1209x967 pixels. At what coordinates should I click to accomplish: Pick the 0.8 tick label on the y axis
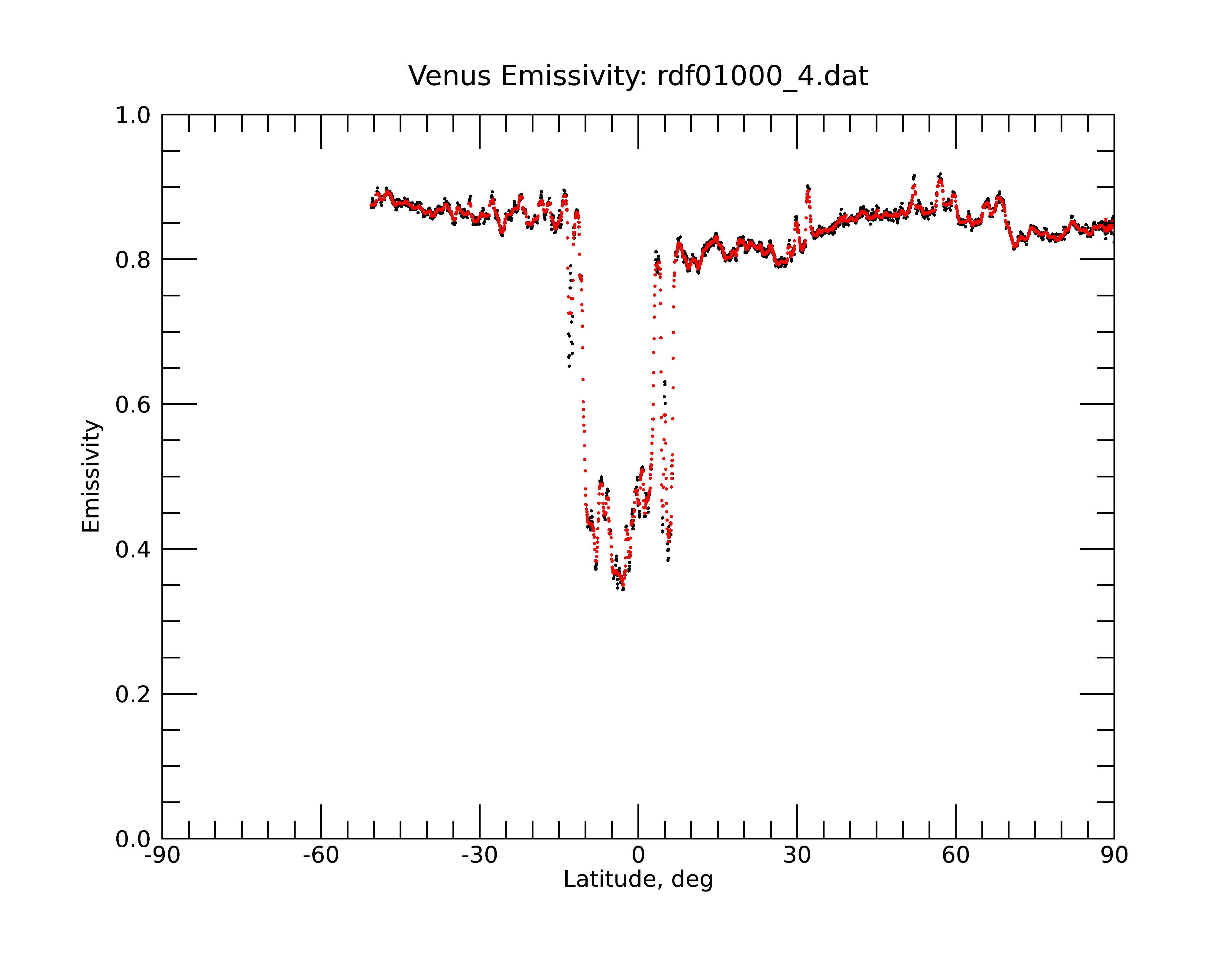[x=133, y=260]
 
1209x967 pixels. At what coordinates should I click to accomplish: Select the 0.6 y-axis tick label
[x=133, y=405]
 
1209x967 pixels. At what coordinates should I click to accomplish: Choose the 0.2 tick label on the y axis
[x=133, y=694]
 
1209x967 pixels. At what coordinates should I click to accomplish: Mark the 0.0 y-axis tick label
[x=133, y=839]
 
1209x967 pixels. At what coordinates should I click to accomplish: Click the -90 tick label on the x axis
[x=162, y=855]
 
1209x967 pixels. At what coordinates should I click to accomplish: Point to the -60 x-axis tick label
[x=321, y=855]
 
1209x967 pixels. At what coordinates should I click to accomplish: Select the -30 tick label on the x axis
[x=479, y=855]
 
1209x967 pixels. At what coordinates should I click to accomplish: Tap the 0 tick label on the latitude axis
[x=638, y=855]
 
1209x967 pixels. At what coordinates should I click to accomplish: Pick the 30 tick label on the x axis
[x=797, y=855]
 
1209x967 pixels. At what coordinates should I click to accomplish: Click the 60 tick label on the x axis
[x=955, y=855]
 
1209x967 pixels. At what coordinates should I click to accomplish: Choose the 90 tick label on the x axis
[x=1114, y=855]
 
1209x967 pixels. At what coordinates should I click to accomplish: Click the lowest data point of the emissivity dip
[x=623, y=589]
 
